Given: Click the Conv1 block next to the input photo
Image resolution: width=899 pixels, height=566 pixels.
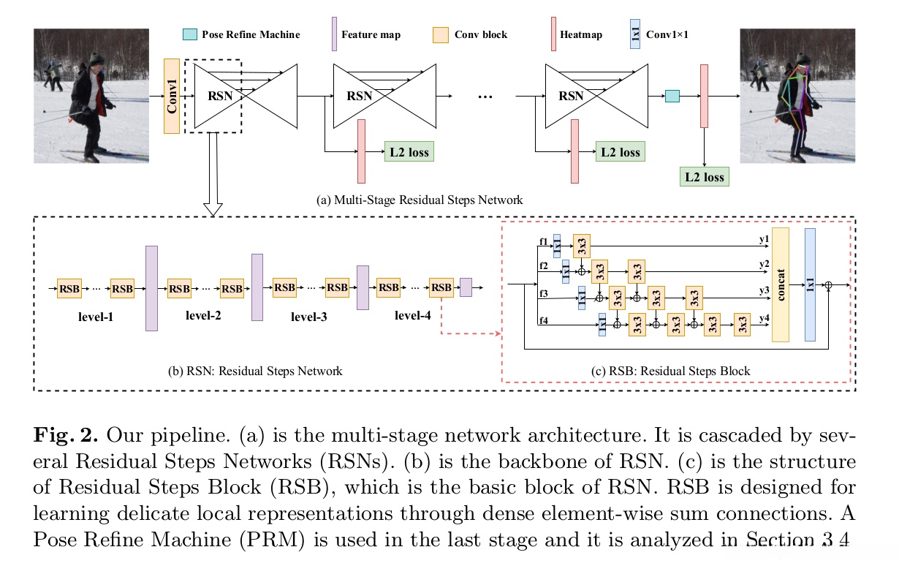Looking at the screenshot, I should (172, 97).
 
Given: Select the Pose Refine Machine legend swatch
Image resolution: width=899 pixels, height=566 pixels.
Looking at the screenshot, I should (189, 34).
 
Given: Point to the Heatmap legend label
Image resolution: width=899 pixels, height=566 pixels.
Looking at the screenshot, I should (581, 34).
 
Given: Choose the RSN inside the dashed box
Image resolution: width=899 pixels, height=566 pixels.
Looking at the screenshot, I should (217, 96).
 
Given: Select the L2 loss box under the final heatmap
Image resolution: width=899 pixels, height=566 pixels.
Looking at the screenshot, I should (703, 176).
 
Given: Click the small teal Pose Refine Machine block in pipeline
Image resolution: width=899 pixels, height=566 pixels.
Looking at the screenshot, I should (672, 96).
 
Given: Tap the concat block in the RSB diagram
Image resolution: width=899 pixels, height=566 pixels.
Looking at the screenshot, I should (781, 284).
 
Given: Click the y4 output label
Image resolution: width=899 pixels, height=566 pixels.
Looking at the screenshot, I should (764, 318).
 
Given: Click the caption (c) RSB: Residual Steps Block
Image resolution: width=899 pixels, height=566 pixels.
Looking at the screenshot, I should (670, 371).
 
